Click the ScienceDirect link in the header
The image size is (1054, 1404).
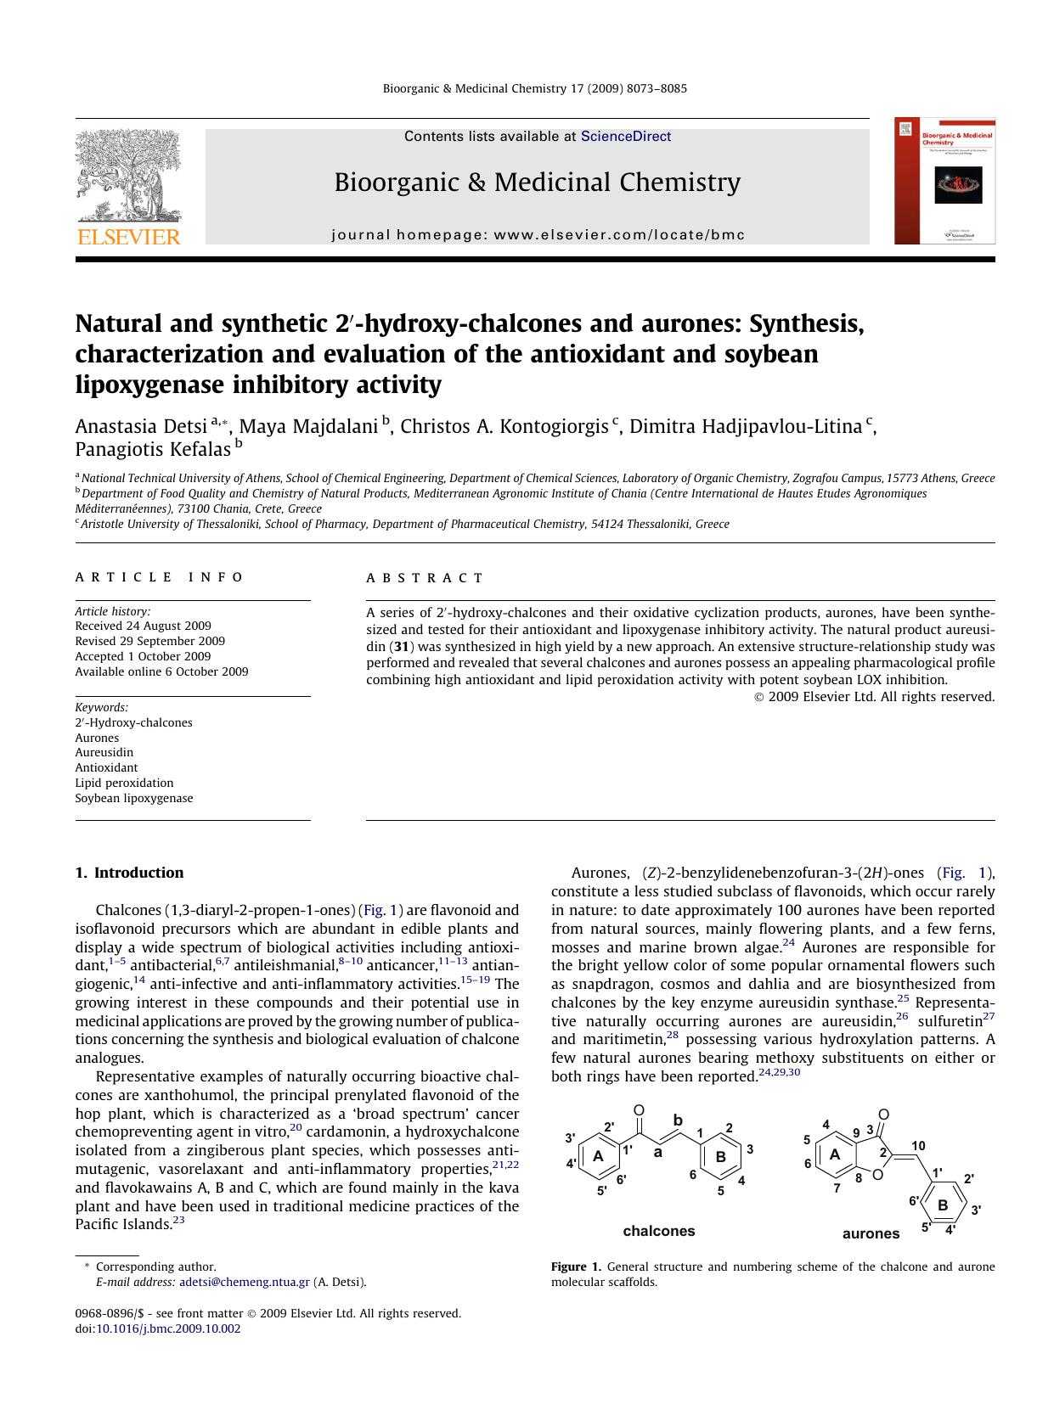[625, 137]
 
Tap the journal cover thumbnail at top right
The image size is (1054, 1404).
[944, 181]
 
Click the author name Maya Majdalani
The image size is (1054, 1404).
[308, 426]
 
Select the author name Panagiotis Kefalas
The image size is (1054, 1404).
[153, 449]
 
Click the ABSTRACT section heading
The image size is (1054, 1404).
[425, 578]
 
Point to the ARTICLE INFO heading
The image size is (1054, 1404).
[159, 578]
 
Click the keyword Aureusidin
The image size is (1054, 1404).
[104, 752]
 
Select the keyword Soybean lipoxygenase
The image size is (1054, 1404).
[133, 798]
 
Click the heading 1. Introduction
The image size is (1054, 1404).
[129, 873]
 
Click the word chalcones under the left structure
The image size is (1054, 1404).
[658, 1231]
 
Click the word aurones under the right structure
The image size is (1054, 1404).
[871, 1233]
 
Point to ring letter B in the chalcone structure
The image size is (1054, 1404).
[720, 1156]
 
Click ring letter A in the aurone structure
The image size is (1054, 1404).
[834, 1154]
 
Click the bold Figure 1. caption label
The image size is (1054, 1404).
[576, 1266]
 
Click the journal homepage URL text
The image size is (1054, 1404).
[618, 235]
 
